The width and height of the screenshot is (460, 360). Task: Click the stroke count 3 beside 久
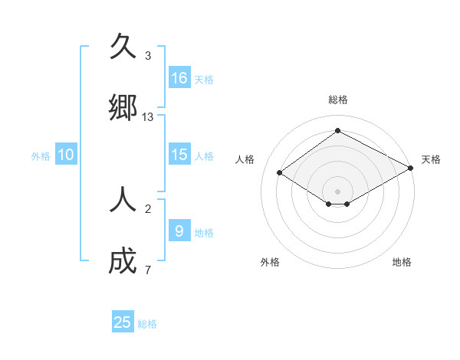[148, 56]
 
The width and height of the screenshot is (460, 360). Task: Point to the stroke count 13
[148, 117]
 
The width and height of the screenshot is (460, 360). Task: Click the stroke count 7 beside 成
[148, 270]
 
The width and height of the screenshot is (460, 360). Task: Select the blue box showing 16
[179, 78]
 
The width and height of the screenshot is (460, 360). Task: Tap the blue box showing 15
[179, 155]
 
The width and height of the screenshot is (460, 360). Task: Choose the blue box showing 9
[179, 231]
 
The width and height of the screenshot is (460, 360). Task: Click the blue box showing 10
[66, 155]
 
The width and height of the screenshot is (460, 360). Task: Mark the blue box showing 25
[123, 322]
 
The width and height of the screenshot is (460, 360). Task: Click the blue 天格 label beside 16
[204, 80]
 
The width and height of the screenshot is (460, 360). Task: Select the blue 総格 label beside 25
[147, 324]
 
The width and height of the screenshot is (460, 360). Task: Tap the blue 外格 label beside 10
[41, 156]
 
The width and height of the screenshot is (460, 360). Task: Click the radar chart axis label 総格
[337, 100]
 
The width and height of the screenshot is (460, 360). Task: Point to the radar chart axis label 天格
[431, 159]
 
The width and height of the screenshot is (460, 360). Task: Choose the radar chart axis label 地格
[402, 262]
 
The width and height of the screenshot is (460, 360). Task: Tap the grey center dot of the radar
[337, 191]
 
